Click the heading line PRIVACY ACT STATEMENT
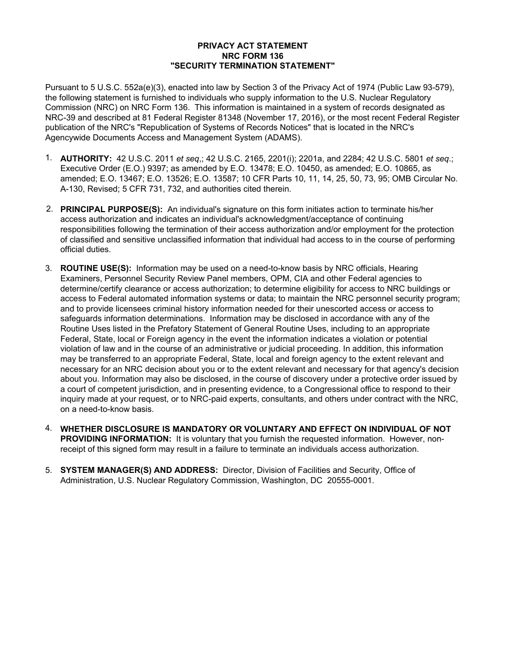point(253,46)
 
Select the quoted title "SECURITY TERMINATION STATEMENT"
point(253,66)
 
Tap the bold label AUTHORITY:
point(86,159)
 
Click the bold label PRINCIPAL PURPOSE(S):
point(111,209)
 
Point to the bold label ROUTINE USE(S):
point(96,268)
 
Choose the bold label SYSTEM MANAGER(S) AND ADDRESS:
point(139,470)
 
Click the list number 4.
point(49,429)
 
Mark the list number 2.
point(49,209)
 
